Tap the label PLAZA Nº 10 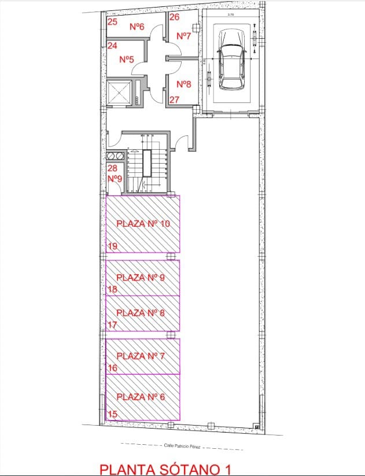click(x=143, y=223)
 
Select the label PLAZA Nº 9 click(x=141, y=278)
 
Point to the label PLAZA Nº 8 click(x=141, y=313)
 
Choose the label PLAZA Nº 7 click(x=141, y=356)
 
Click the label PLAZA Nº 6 click(x=141, y=397)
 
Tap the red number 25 click(x=113, y=23)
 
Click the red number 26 click(x=174, y=17)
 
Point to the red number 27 click(x=174, y=99)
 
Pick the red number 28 click(x=113, y=168)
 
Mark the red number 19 click(x=113, y=246)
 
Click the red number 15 click(x=113, y=414)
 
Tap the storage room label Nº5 click(x=127, y=60)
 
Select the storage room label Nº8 click(x=183, y=84)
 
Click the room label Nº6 click(x=137, y=26)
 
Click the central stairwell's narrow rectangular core click(x=148, y=164)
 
